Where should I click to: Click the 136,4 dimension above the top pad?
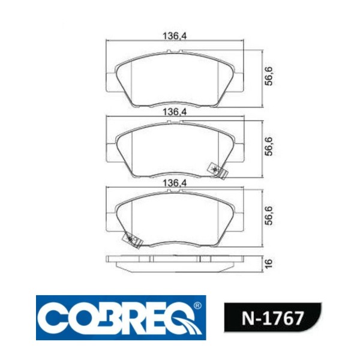174,36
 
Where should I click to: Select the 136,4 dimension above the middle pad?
174,112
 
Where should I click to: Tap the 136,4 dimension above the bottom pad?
174,184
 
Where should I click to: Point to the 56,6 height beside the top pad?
269,76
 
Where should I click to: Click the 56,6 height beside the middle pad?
269,146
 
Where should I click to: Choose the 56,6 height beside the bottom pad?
269,215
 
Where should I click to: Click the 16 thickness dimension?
269,263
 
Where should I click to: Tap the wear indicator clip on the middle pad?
217,170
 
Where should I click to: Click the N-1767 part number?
272,318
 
